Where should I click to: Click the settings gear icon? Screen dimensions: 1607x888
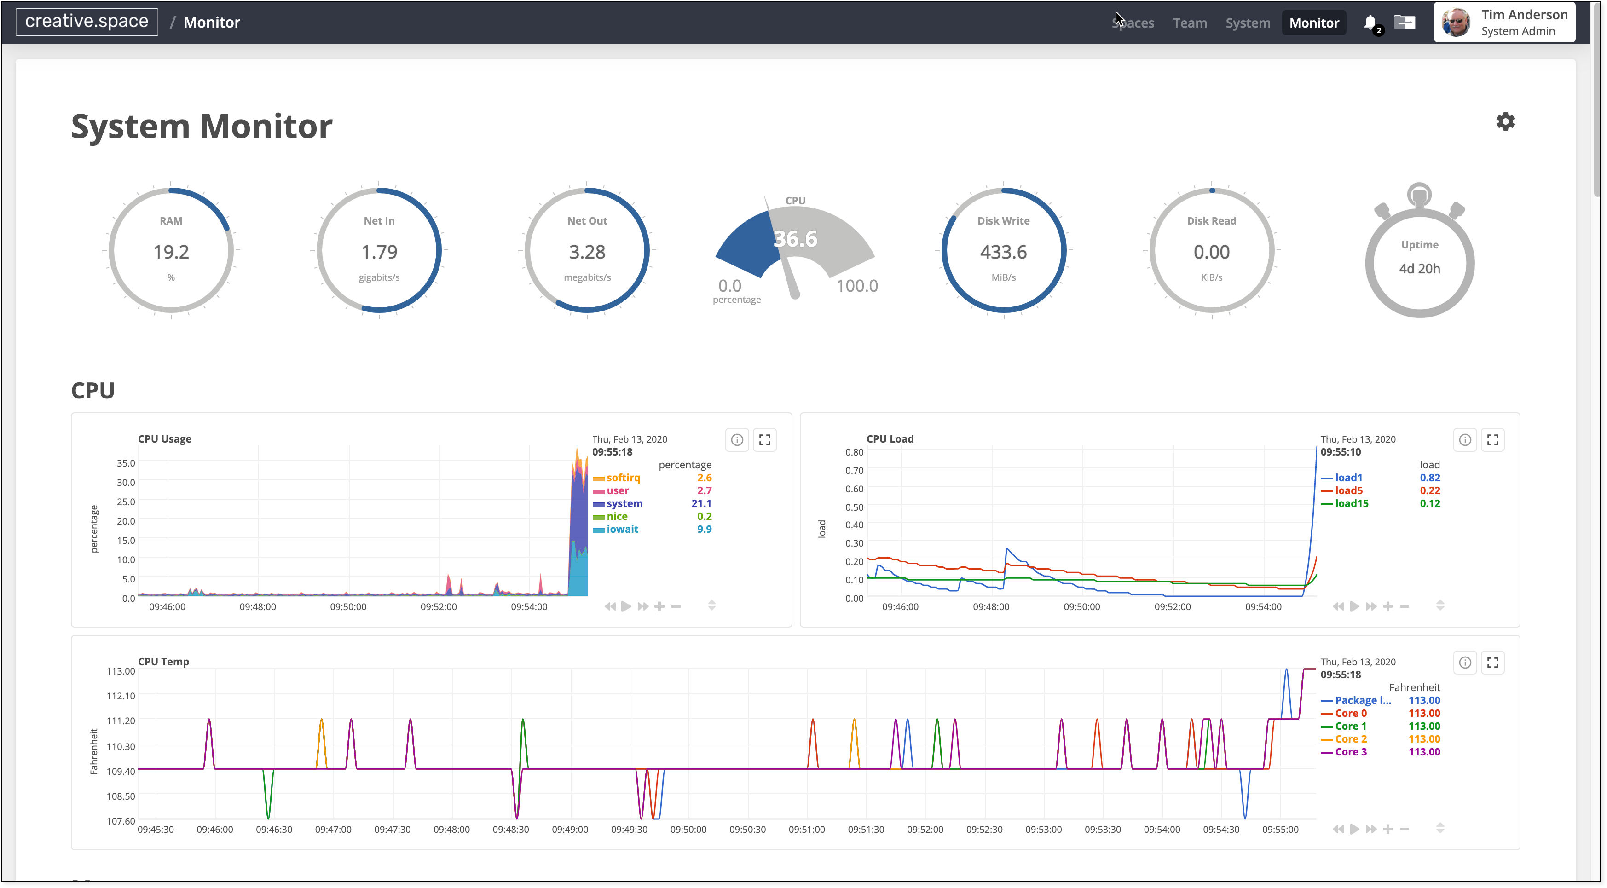(1505, 121)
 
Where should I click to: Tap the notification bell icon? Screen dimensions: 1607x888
(1370, 23)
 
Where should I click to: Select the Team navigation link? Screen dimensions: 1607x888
(1189, 23)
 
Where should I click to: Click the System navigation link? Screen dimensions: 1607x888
(1247, 23)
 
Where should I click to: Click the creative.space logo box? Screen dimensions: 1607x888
(87, 22)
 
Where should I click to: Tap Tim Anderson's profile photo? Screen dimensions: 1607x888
(1456, 23)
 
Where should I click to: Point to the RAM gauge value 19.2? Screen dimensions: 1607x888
(171, 252)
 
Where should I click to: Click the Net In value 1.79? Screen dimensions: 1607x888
(379, 252)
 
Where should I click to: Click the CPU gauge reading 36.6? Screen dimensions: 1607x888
(795, 239)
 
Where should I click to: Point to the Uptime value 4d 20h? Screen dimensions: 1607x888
(1419, 269)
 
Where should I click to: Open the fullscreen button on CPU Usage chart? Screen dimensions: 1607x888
(764, 440)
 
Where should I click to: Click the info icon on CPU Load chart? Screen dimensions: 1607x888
(1464, 440)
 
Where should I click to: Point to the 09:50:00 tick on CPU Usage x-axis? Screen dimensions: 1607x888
(348, 607)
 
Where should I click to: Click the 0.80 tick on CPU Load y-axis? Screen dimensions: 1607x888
(854, 452)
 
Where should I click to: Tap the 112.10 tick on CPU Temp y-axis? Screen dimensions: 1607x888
(121, 696)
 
